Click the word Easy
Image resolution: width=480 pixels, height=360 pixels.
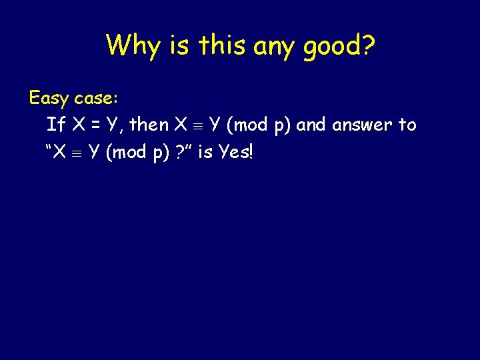click(49, 99)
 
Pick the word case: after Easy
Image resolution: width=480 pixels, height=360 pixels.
click(96, 99)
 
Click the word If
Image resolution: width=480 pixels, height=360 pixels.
click(56, 125)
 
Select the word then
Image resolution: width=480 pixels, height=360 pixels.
click(149, 125)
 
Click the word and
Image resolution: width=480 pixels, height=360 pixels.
click(312, 125)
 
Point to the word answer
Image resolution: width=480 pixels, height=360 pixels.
click(362, 125)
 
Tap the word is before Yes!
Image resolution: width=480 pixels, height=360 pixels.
click(205, 152)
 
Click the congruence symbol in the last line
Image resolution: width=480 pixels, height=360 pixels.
click(78, 153)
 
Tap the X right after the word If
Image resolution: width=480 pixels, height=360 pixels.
click(75, 125)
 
